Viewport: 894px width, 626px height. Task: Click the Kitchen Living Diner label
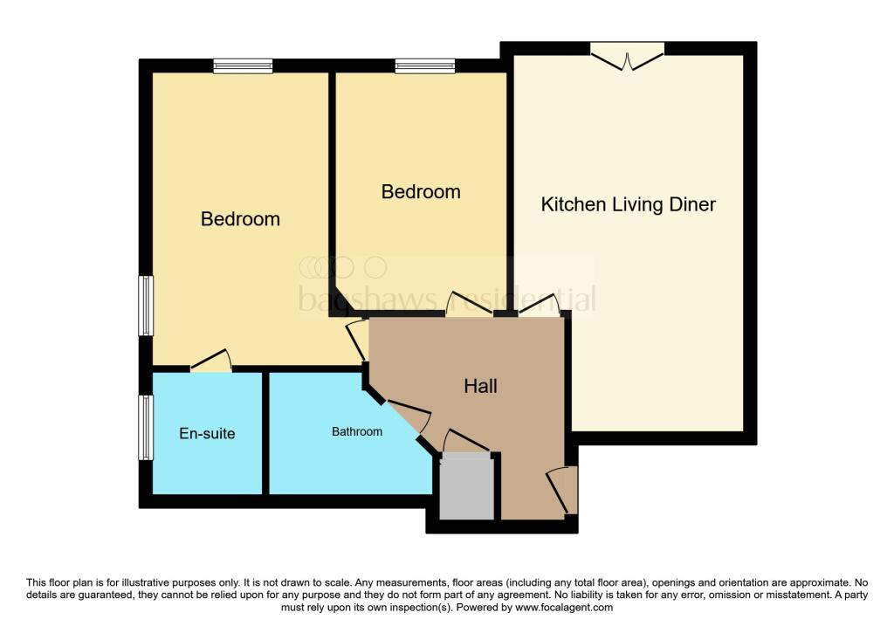click(x=628, y=204)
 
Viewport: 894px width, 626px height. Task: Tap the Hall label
click(x=480, y=385)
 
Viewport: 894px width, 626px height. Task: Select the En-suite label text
click(x=207, y=433)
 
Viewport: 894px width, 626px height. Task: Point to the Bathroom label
click(x=357, y=431)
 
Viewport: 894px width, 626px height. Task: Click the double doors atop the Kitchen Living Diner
click(x=627, y=55)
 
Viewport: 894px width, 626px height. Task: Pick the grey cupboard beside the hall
click(x=466, y=485)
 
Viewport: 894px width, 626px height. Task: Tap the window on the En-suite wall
click(x=146, y=427)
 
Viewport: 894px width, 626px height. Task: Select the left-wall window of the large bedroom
click(x=146, y=306)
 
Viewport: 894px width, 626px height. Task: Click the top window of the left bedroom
click(x=244, y=65)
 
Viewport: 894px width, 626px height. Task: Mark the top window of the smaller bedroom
click(x=424, y=65)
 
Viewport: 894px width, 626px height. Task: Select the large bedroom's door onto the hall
click(x=357, y=340)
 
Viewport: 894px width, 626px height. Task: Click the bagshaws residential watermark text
click(x=447, y=299)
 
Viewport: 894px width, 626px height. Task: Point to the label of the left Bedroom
click(x=240, y=218)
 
